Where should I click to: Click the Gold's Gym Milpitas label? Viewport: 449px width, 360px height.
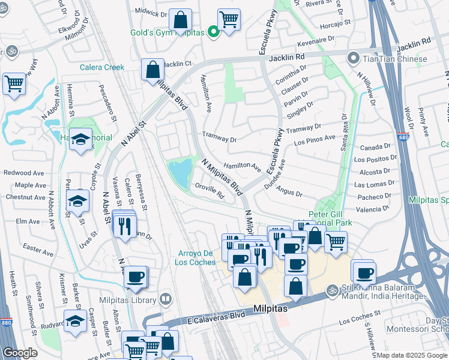(169, 33)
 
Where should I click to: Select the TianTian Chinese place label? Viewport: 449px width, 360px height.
(396, 59)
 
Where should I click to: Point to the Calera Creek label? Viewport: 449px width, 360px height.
(102, 67)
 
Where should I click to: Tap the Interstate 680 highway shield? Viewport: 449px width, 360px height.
(403, 137)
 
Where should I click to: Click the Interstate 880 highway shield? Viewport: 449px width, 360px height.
(6, 322)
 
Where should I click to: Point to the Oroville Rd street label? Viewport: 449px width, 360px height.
(209, 194)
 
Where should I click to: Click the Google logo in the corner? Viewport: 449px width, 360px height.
(20, 353)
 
